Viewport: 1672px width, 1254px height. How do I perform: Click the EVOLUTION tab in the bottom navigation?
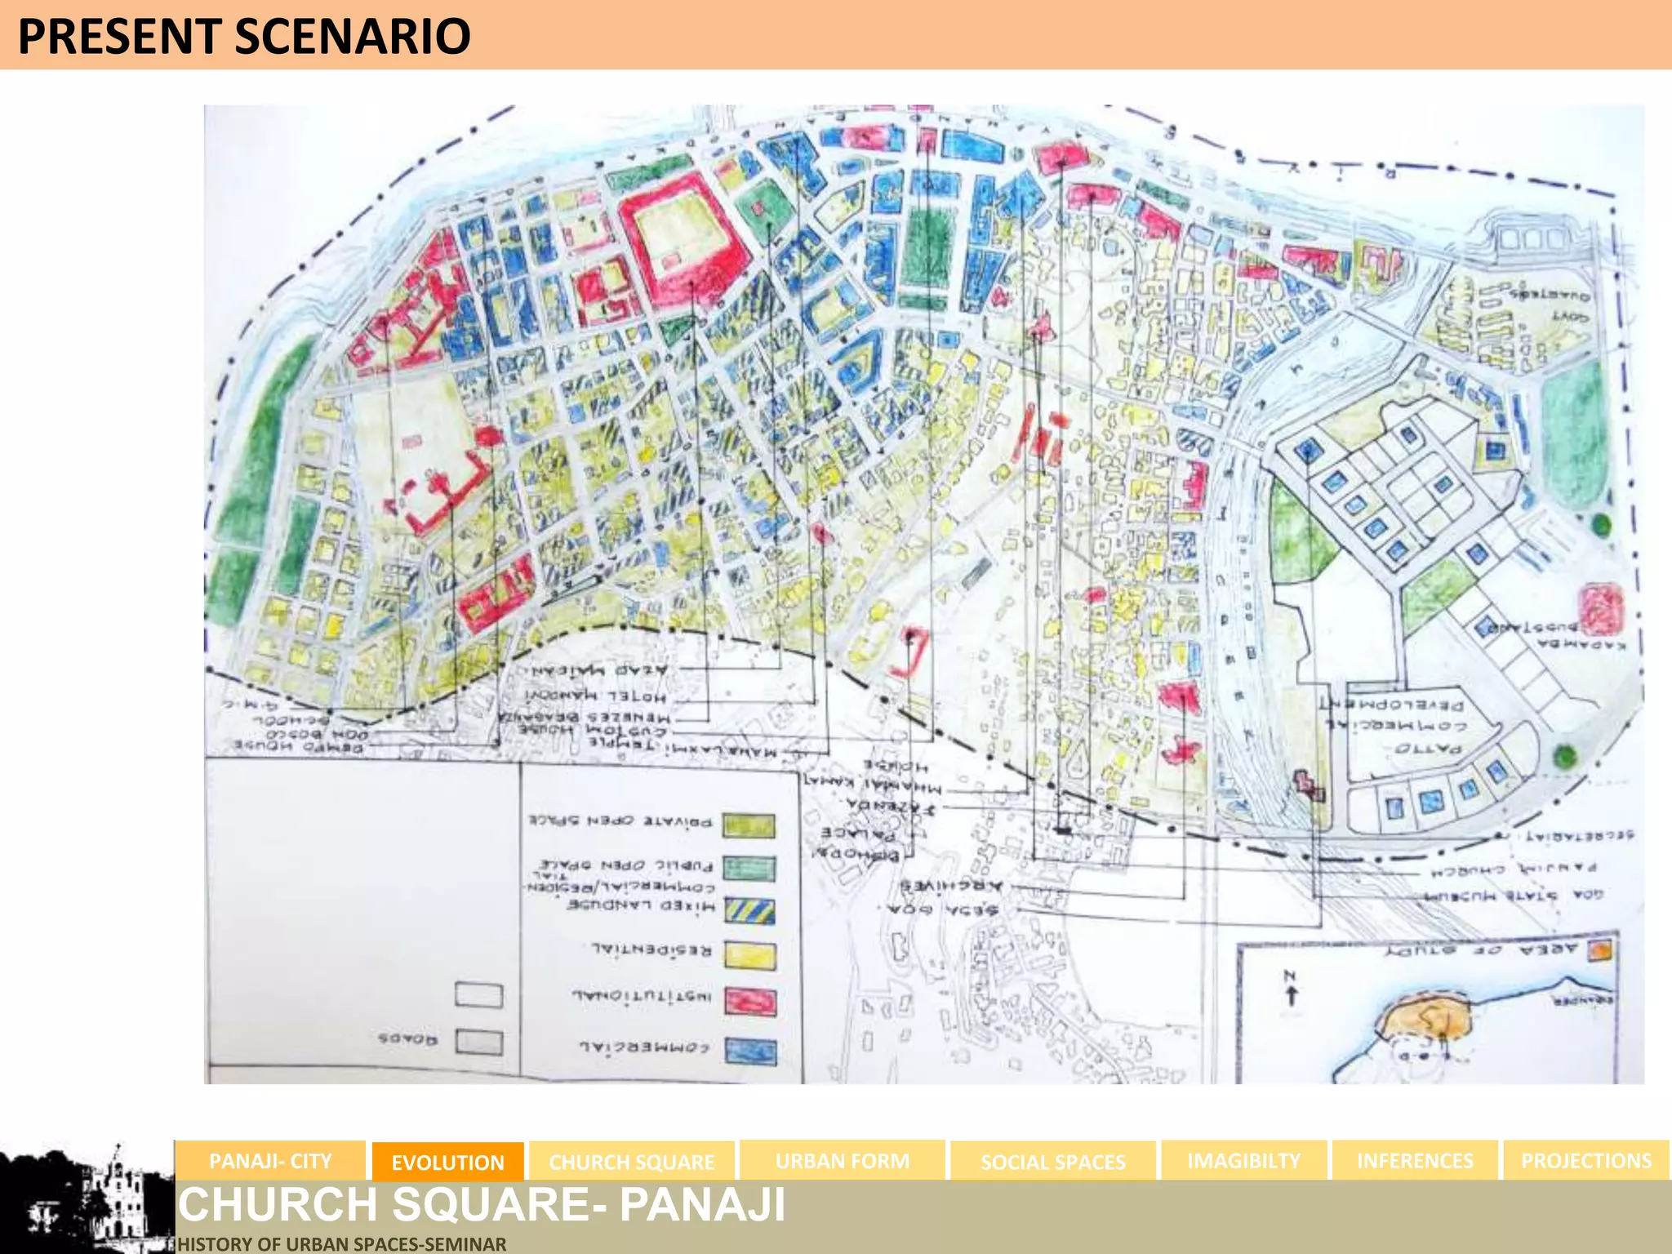point(447,1162)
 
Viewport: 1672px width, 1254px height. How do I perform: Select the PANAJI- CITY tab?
point(270,1161)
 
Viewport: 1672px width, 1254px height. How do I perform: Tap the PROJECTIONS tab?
point(1585,1161)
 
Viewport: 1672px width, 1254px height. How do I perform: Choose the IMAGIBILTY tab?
point(1243,1161)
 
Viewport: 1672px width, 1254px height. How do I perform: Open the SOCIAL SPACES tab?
point(1052,1162)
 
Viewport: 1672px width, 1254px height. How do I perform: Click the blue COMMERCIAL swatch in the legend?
point(750,1052)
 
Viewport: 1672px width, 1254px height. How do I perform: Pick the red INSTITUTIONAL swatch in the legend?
point(750,1002)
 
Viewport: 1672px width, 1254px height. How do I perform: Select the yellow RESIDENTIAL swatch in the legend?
point(750,954)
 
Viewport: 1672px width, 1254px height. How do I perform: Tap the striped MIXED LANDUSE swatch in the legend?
point(750,909)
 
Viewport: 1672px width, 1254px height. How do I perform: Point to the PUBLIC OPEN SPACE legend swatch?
point(750,868)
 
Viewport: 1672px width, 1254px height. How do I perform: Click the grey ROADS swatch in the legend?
point(479,1043)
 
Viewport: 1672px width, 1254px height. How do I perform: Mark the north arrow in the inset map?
point(1291,989)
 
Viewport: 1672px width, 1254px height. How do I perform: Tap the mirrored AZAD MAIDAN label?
point(599,671)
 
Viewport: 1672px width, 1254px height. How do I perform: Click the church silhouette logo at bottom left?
point(90,1200)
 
